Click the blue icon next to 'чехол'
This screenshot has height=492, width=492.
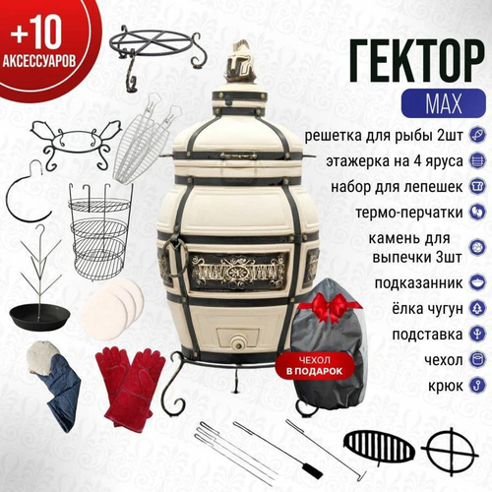pos(476,358)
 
